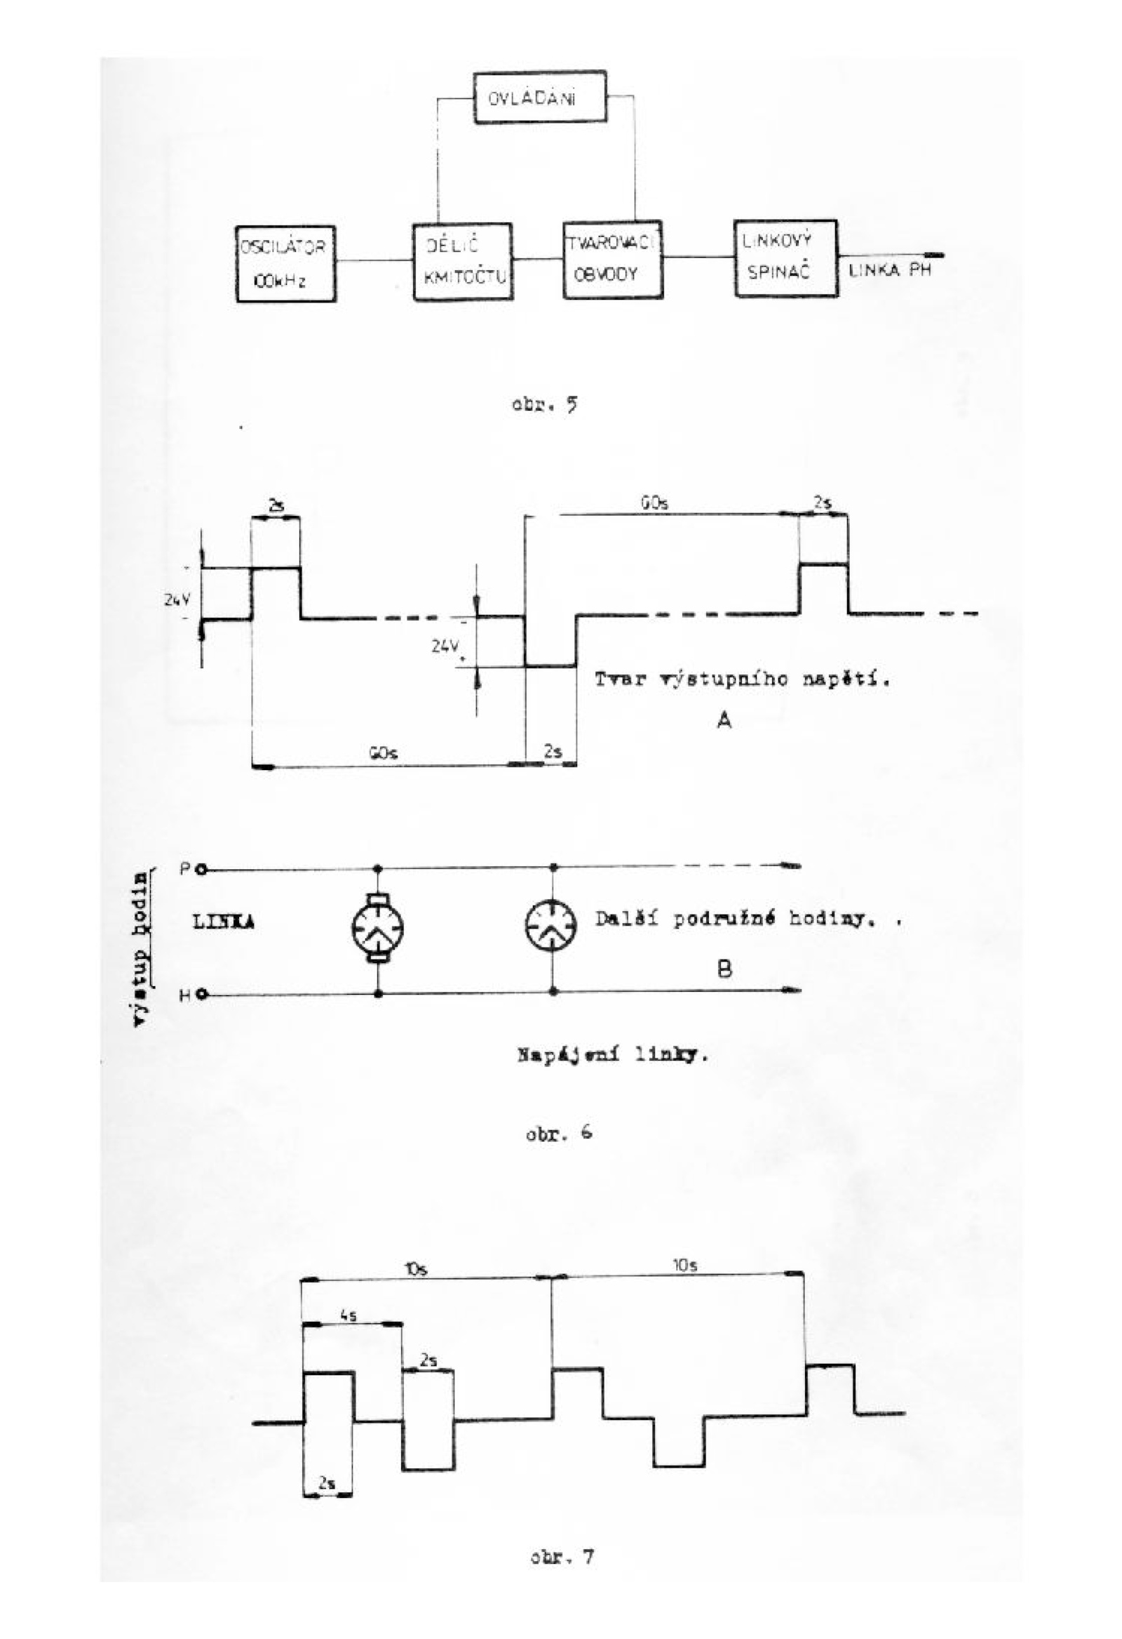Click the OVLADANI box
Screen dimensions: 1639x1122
coord(540,98)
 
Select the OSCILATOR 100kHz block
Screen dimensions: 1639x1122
coord(285,264)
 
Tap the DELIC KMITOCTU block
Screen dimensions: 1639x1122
coord(462,262)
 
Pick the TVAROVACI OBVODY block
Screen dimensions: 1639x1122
coord(612,259)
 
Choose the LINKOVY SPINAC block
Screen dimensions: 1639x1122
coord(785,258)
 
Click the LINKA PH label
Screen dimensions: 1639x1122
coord(890,270)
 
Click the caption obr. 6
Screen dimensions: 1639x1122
coord(558,1134)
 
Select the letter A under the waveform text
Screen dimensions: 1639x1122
coord(724,719)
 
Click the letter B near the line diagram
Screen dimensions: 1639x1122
coord(724,969)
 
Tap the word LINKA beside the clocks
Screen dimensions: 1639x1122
coord(224,922)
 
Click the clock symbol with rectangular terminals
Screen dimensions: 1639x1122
coord(379,928)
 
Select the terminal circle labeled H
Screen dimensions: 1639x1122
coord(201,995)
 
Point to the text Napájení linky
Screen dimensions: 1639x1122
coord(612,1056)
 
